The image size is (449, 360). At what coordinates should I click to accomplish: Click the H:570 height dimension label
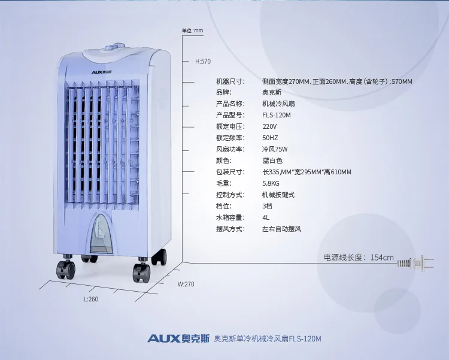click(203, 61)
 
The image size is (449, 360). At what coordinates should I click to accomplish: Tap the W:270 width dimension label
click(186, 284)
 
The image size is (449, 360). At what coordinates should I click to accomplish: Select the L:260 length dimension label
click(91, 299)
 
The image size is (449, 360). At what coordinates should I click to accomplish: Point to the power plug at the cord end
click(415, 262)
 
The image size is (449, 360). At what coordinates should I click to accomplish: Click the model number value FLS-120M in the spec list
click(277, 115)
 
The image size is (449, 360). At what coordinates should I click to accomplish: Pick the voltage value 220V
click(269, 126)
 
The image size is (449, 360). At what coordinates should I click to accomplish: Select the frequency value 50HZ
click(270, 138)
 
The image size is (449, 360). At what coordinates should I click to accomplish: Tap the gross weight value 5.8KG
click(271, 183)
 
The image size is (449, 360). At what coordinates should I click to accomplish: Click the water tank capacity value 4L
click(266, 217)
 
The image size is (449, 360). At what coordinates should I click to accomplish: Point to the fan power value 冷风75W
click(275, 149)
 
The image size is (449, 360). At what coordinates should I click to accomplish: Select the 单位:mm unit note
click(192, 31)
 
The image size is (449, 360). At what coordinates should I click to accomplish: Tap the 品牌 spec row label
click(224, 92)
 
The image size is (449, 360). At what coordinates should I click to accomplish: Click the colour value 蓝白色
click(272, 161)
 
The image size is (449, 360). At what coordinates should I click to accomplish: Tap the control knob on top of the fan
click(114, 47)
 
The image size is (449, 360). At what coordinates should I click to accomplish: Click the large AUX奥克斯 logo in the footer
click(178, 338)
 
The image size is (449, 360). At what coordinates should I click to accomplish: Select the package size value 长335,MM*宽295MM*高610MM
click(307, 172)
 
